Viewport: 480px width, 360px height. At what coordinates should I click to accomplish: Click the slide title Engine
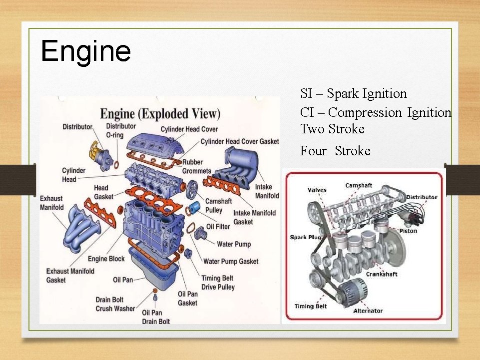pyautogui.click(x=86, y=51)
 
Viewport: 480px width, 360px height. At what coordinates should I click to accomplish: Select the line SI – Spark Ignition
pyautogui.click(x=353, y=93)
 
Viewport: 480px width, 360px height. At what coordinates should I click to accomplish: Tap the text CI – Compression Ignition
pyautogui.click(x=375, y=112)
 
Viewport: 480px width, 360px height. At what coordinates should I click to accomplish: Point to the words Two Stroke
pyautogui.click(x=332, y=129)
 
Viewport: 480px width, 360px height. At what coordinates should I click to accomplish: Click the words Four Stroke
pyautogui.click(x=335, y=151)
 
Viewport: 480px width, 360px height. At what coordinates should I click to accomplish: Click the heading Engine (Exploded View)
pyautogui.click(x=160, y=113)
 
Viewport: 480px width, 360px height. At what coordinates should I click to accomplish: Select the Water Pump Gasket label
pyautogui.click(x=231, y=261)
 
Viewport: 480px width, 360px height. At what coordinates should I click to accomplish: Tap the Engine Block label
pyautogui.click(x=106, y=259)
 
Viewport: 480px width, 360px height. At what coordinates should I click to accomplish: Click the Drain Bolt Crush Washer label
pyautogui.click(x=115, y=304)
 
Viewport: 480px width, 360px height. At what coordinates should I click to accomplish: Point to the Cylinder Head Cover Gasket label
pyautogui.click(x=240, y=142)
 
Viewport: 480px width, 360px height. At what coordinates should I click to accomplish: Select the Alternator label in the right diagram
pyautogui.click(x=368, y=311)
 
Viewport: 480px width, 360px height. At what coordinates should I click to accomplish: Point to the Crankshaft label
pyautogui.click(x=382, y=274)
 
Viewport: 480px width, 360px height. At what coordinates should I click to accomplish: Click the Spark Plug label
pyautogui.click(x=305, y=237)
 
